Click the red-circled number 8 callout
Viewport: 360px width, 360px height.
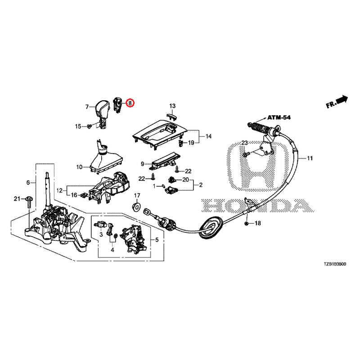point(130,103)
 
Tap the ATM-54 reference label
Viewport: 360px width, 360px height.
point(279,117)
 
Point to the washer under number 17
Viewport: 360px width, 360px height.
point(137,207)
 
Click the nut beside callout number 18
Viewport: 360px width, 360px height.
point(246,223)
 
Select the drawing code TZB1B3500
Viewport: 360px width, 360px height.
point(335,264)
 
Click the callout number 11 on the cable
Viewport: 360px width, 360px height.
point(310,158)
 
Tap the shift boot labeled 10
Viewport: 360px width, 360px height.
point(105,157)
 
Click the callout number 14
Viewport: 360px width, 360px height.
point(208,136)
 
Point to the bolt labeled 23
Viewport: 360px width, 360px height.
point(246,155)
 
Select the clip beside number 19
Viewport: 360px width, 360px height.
point(181,143)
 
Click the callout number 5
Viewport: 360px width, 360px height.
point(157,240)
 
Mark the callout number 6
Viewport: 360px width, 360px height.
point(28,183)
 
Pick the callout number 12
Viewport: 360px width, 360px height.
point(59,190)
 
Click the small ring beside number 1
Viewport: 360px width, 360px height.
point(163,186)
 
